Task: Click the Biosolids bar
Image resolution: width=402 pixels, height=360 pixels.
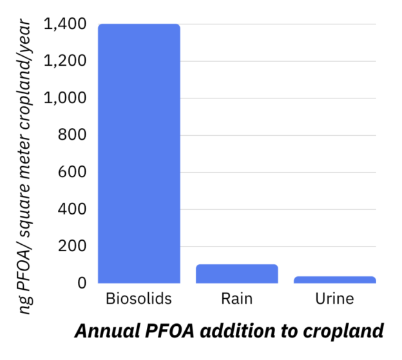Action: pyautogui.click(x=139, y=153)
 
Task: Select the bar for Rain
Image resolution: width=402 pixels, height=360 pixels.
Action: pyautogui.click(x=237, y=274)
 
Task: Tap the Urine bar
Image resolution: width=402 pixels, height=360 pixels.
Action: pyautogui.click(x=335, y=279)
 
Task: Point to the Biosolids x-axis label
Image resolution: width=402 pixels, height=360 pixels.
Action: pyautogui.click(x=139, y=299)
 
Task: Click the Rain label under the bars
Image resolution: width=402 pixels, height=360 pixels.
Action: pyautogui.click(x=237, y=299)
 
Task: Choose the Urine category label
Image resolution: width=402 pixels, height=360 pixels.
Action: pyautogui.click(x=334, y=299)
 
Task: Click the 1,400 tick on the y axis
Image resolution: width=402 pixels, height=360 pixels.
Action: pyautogui.click(x=65, y=24)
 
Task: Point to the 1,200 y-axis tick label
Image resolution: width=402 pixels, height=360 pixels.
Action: pyautogui.click(x=65, y=61)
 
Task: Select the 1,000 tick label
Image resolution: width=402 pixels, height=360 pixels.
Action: pyautogui.click(x=65, y=98)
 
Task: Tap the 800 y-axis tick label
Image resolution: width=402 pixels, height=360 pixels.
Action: pyautogui.click(x=72, y=135)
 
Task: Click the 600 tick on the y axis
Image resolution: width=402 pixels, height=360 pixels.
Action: pyautogui.click(x=72, y=172)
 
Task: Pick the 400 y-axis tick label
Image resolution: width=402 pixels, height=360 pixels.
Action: pyautogui.click(x=72, y=209)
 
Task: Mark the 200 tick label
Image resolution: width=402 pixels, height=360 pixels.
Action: pyautogui.click(x=72, y=246)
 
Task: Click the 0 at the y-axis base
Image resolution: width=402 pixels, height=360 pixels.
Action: pyautogui.click(x=82, y=283)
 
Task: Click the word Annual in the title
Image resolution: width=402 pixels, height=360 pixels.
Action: pyautogui.click(x=108, y=331)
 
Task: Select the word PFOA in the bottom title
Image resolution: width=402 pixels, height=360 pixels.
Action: pyautogui.click(x=169, y=331)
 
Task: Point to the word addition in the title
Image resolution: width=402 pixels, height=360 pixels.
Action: pyautogui.click(x=238, y=331)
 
